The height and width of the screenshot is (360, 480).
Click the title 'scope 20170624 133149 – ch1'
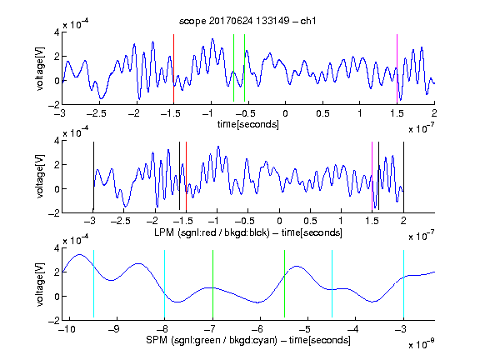(247, 21)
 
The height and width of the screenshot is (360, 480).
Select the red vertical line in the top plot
(174, 69)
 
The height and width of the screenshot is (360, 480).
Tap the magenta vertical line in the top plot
(397, 69)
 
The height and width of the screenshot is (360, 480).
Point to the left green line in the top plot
(233, 67)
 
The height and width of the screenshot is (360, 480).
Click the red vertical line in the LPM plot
(186, 177)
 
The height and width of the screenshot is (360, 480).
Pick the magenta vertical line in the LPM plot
(372, 177)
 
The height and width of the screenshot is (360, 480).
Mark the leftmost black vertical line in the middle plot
(93, 177)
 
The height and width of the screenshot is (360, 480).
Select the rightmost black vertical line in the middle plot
(403, 177)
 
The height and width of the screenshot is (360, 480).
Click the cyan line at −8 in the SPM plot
(164, 284)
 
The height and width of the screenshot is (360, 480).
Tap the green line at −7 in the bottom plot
(212, 284)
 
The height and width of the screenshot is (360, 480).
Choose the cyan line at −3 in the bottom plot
(403, 284)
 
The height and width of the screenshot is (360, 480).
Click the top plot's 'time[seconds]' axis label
(248, 124)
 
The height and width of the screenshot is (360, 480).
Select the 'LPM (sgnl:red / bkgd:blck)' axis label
(212, 232)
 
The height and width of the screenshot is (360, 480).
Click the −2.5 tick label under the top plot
(96, 113)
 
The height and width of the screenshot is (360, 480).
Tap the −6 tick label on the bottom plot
(259, 329)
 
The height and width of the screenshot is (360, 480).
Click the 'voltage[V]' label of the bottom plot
(40, 284)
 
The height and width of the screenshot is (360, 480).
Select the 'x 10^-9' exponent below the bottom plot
(422, 344)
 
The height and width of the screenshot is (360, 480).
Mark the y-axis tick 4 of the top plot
(57, 32)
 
